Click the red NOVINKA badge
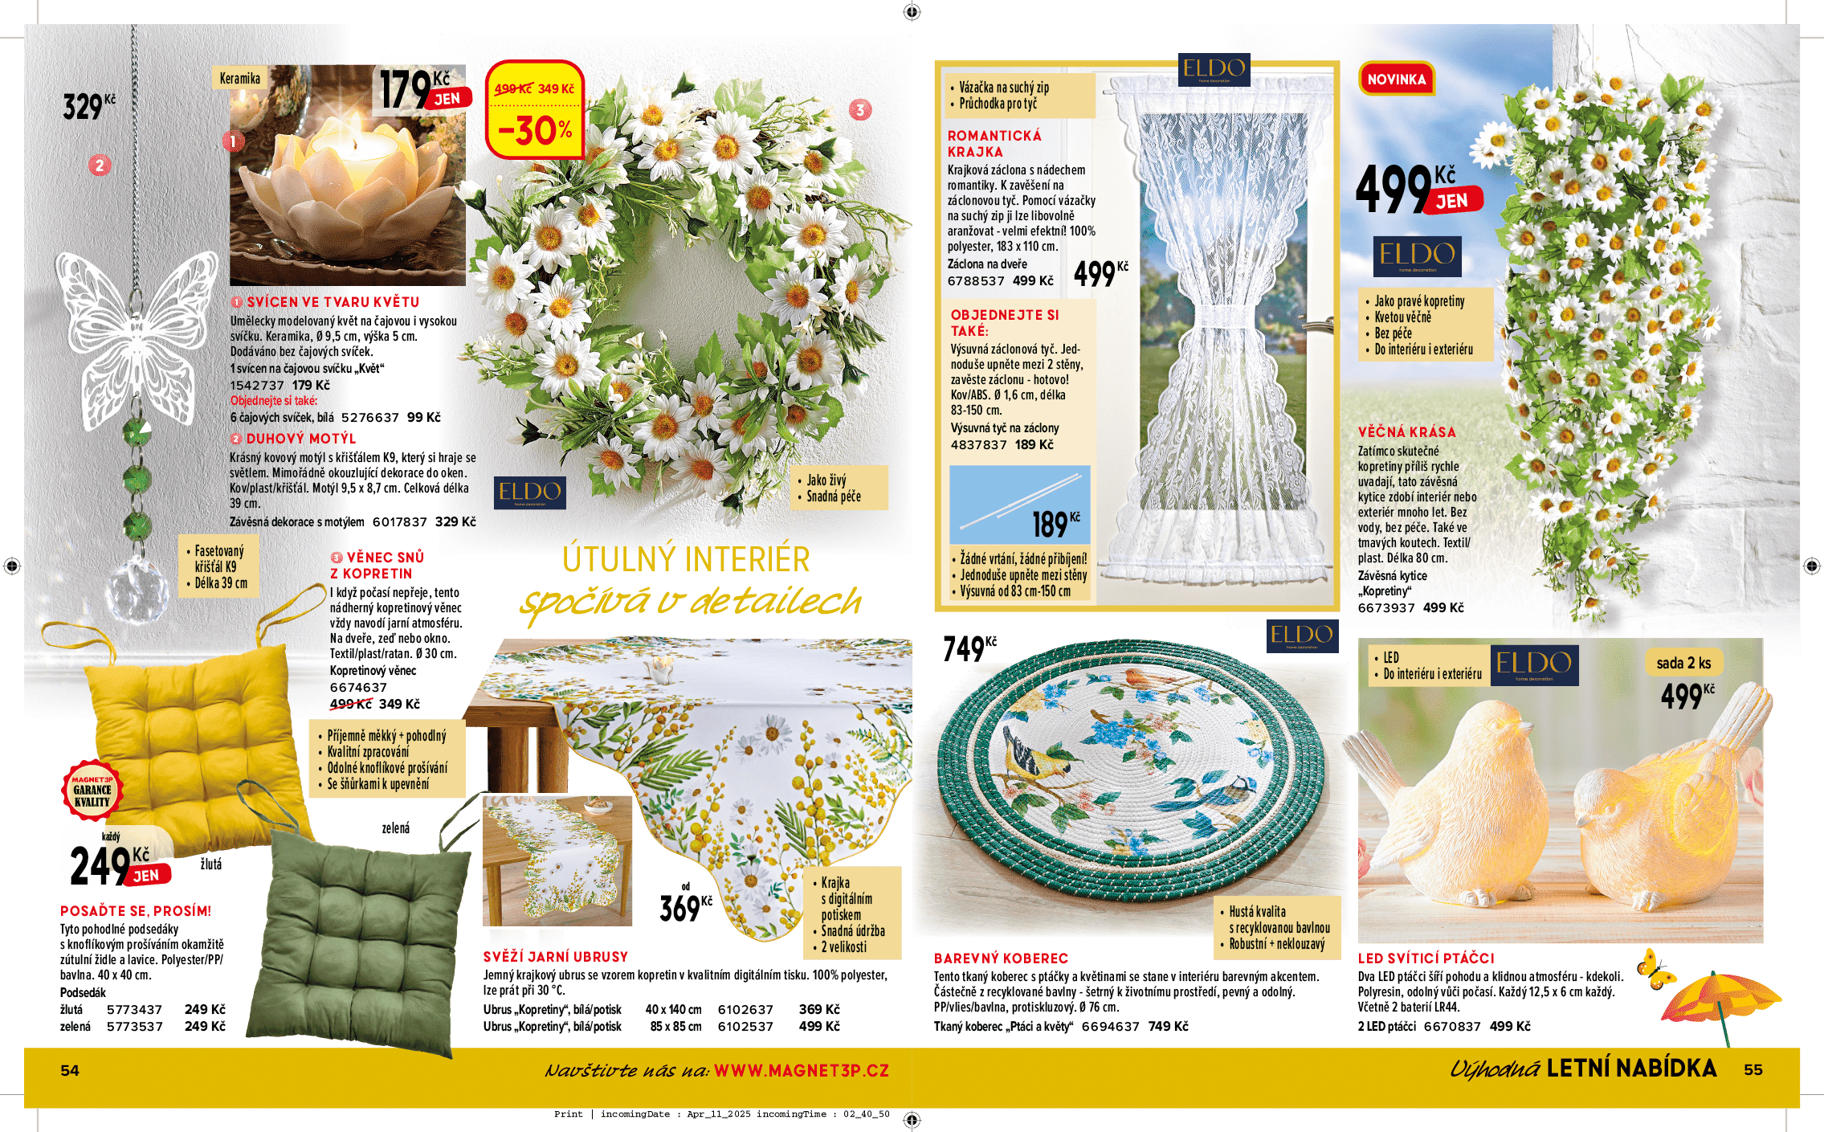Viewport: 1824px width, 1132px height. click(1396, 80)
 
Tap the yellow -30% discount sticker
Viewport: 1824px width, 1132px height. click(535, 110)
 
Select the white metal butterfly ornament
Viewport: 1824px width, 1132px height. click(136, 321)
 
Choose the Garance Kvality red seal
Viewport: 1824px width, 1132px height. click(92, 791)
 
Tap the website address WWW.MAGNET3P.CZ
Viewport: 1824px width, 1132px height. click(801, 1070)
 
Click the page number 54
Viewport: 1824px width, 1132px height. click(70, 1070)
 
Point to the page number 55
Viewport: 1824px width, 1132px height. click(1753, 1070)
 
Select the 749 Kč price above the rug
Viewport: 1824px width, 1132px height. click(969, 648)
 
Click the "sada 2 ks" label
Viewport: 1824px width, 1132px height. click(1683, 663)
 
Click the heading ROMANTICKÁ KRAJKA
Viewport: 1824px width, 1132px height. click(994, 144)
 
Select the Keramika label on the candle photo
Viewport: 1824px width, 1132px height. click(239, 78)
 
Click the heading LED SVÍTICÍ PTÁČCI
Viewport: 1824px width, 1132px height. click(1426, 958)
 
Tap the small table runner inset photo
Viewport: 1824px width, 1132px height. click(557, 860)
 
